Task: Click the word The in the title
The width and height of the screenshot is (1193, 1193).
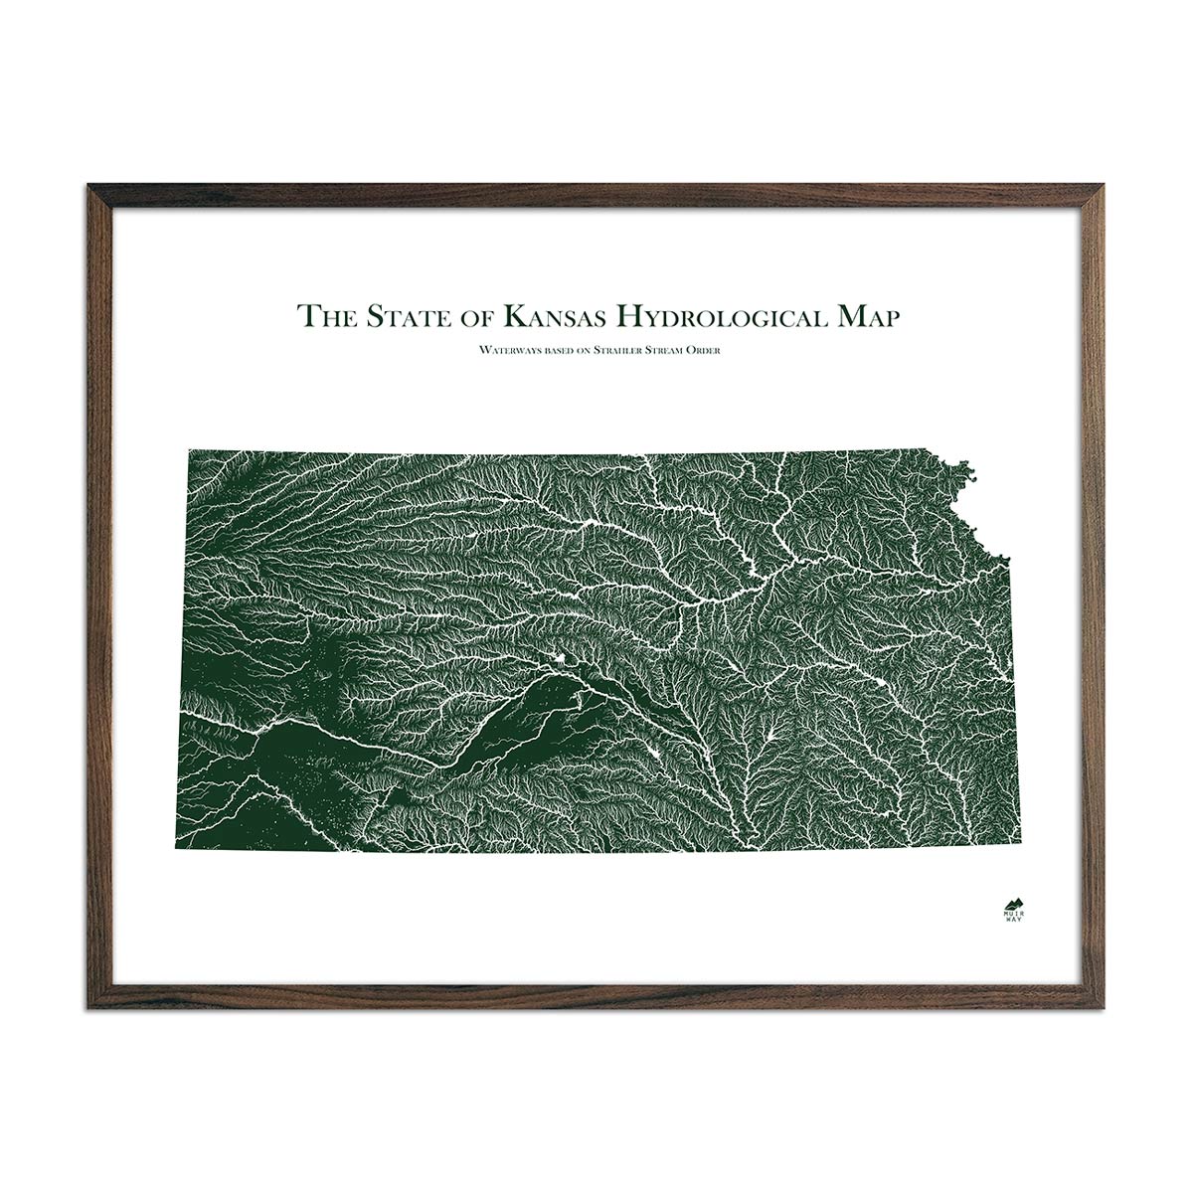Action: click(326, 317)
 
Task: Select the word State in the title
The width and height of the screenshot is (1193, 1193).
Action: click(405, 317)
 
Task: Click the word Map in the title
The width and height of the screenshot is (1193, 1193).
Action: click(864, 317)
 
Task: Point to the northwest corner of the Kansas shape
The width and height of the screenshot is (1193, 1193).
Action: click(189, 449)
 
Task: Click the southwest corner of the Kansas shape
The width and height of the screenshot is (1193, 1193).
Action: click(178, 850)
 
